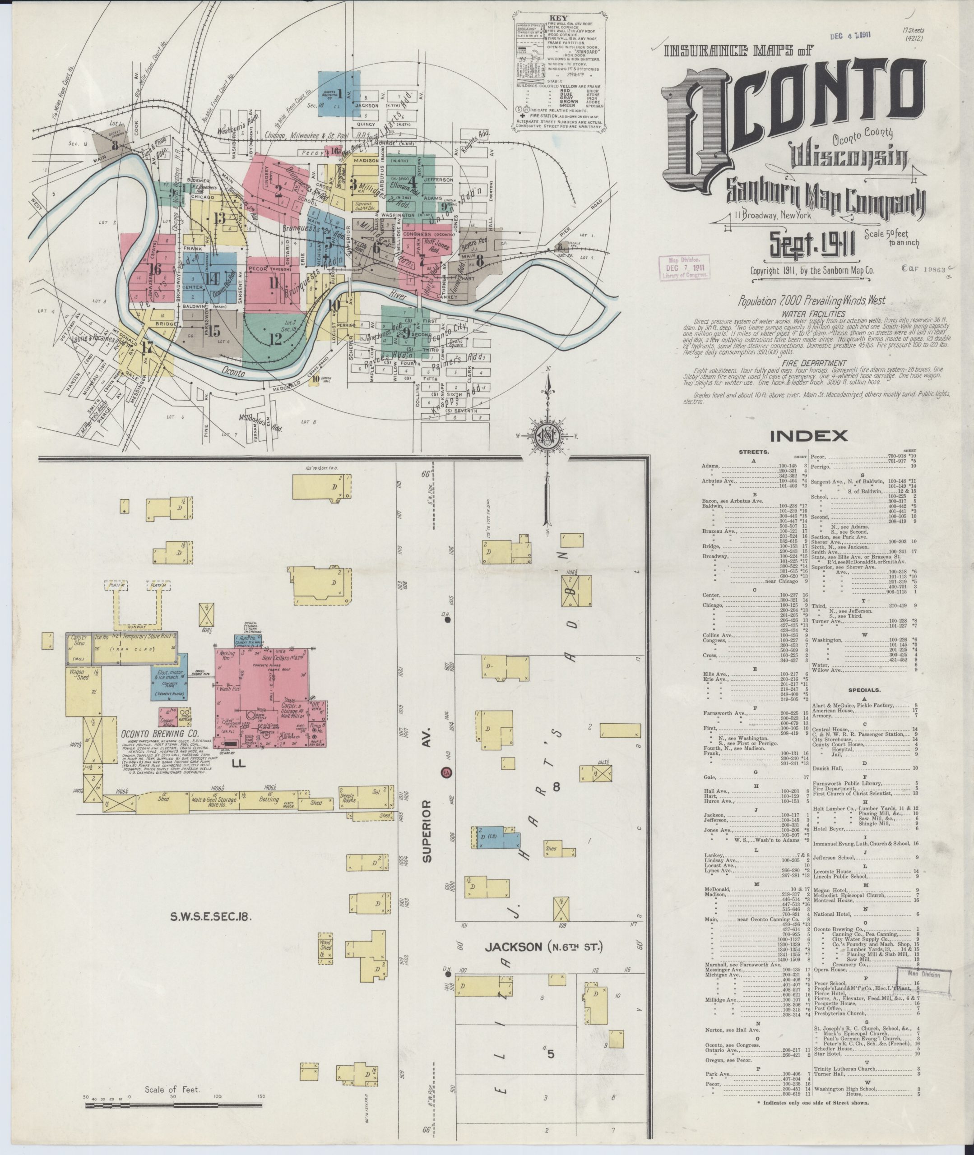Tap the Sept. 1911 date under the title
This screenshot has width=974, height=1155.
(811, 245)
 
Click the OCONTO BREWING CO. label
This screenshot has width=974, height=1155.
(160, 735)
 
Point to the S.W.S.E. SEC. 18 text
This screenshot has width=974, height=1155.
(210, 917)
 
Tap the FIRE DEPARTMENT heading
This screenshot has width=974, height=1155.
(811, 364)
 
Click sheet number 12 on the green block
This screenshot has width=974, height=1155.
(275, 339)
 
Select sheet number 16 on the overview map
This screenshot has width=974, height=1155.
(155, 269)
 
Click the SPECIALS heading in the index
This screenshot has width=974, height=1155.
(864, 690)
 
